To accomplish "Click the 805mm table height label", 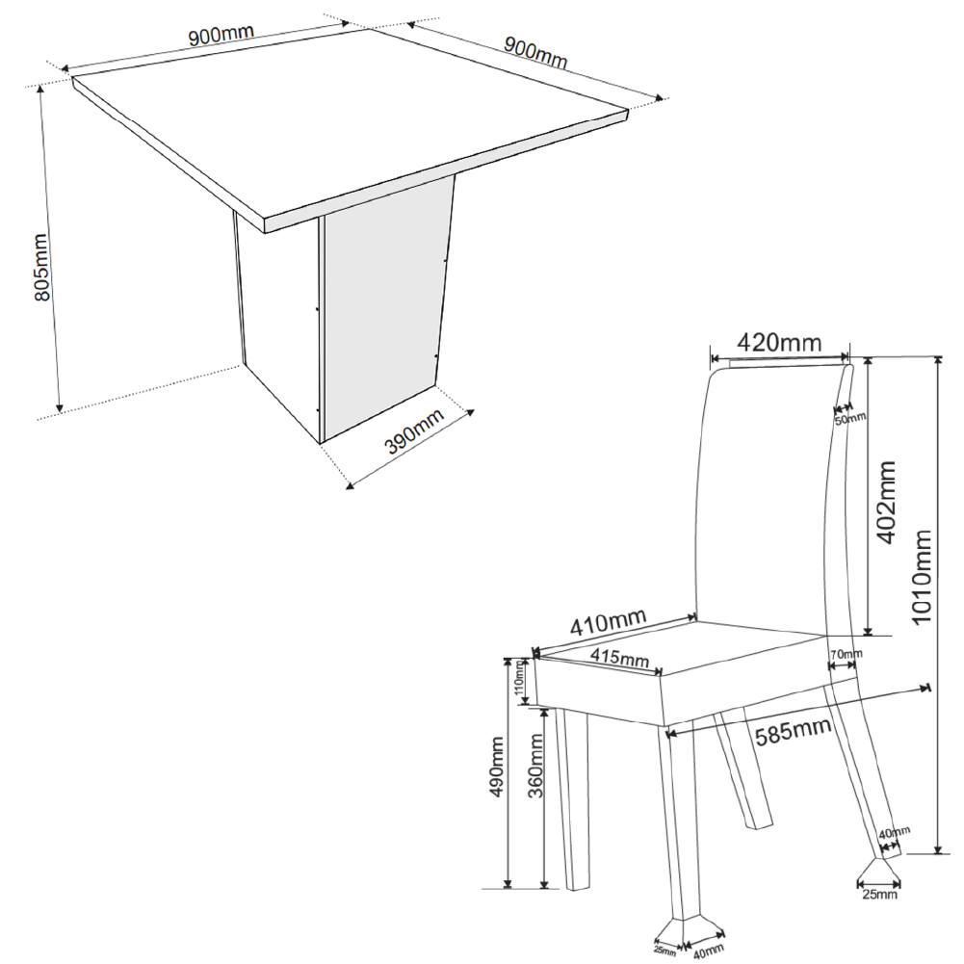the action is pos(42,268).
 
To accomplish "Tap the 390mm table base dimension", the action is pos(414,430).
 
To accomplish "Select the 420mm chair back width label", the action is pos(779,342).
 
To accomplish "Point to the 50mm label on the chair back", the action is pos(850,419).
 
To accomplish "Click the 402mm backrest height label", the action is pos(886,503).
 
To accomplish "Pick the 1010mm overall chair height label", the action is pos(922,577).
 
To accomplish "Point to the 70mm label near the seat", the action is pos(847,654).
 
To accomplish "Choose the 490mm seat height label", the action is pos(496,767).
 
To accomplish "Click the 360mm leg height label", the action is pos(535,767).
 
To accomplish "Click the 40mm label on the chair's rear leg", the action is pos(894,834).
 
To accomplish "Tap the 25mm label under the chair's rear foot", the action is pos(879,894).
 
